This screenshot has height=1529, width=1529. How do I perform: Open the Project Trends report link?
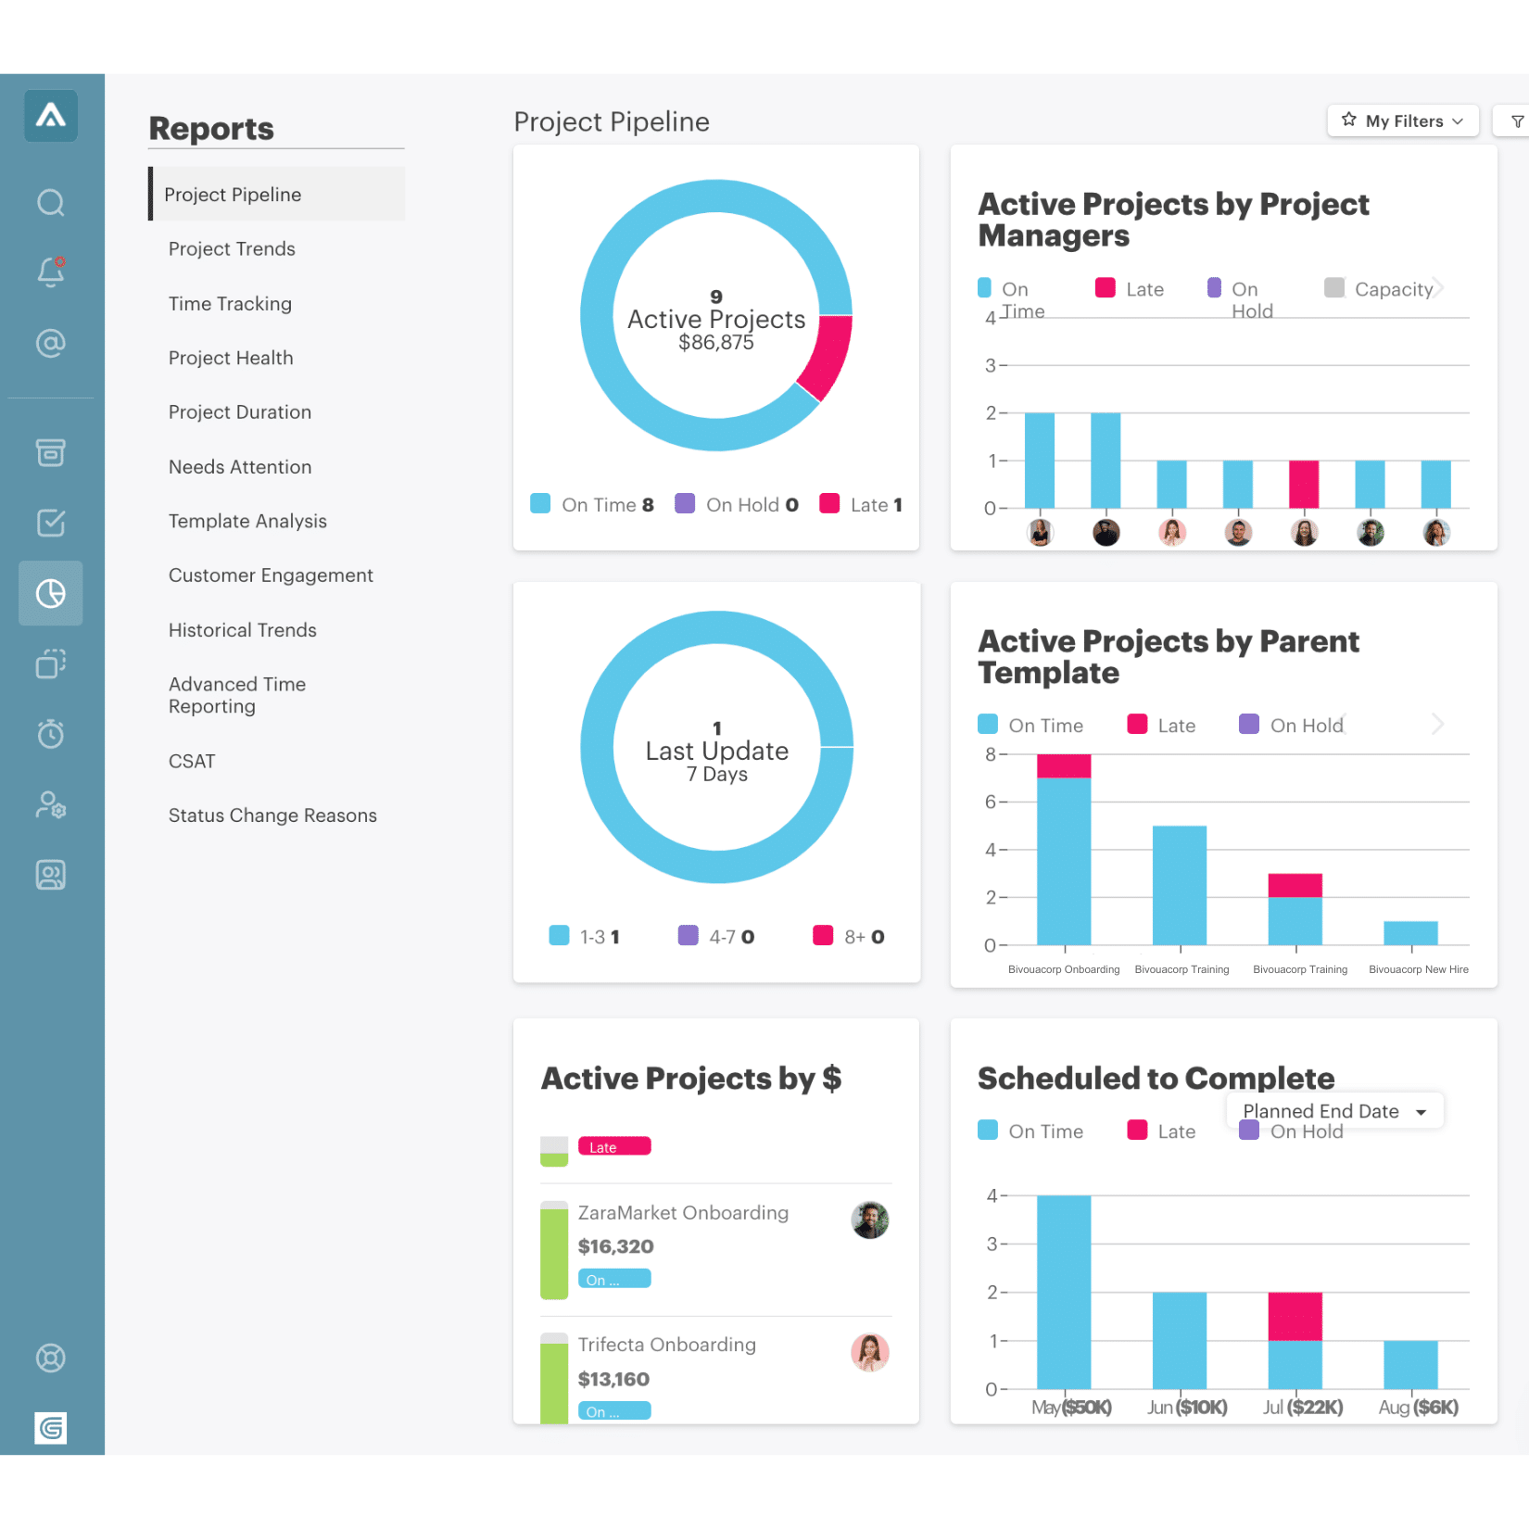point(232,249)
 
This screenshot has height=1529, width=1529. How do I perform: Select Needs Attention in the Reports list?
point(240,467)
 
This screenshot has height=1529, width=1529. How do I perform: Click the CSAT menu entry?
point(192,762)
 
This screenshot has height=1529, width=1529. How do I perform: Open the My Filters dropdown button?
point(1403,121)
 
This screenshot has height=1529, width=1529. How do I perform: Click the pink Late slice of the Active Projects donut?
point(826,356)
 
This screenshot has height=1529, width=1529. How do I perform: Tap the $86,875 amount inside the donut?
point(715,343)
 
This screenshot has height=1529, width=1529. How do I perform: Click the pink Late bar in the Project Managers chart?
point(1304,484)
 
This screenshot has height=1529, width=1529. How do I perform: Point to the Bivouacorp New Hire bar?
point(1410,933)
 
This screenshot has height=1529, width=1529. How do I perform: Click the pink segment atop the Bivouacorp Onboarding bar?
point(1064,765)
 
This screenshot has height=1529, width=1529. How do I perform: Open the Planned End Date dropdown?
point(1334,1111)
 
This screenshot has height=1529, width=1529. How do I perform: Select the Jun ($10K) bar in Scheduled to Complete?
point(1180,1340)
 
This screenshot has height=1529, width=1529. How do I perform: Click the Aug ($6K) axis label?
point(1418,1408)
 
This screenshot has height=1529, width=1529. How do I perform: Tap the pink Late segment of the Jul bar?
point(1295,1316)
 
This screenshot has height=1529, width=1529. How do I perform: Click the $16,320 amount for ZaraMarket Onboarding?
point(616,1246)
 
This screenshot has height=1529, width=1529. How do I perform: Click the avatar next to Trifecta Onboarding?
point(869,1352)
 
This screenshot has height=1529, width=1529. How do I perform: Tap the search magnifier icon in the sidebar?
point(51,202)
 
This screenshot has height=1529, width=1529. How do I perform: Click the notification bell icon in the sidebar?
point(51,272)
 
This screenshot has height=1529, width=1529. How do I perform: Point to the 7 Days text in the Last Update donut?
point(716,775)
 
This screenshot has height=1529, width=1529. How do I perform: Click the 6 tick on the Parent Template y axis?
point(991,802)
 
